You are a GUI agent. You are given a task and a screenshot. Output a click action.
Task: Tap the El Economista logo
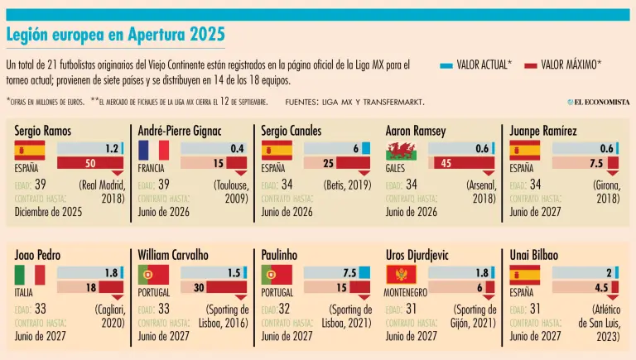tap(598, 101)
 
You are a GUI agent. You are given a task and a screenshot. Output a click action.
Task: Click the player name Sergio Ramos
tap(43, 131)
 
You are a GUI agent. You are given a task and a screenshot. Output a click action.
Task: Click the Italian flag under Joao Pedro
tap(30, 275)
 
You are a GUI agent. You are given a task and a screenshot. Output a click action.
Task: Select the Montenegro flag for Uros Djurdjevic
tap(401, 275)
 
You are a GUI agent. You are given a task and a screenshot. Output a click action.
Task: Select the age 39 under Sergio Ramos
tap(41, 184)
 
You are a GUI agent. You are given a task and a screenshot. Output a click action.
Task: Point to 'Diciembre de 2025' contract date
tap(49, 212)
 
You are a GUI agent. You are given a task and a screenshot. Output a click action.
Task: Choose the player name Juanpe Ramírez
tap(543, 131)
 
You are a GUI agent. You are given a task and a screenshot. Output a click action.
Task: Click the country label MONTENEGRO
tap(406, 292)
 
